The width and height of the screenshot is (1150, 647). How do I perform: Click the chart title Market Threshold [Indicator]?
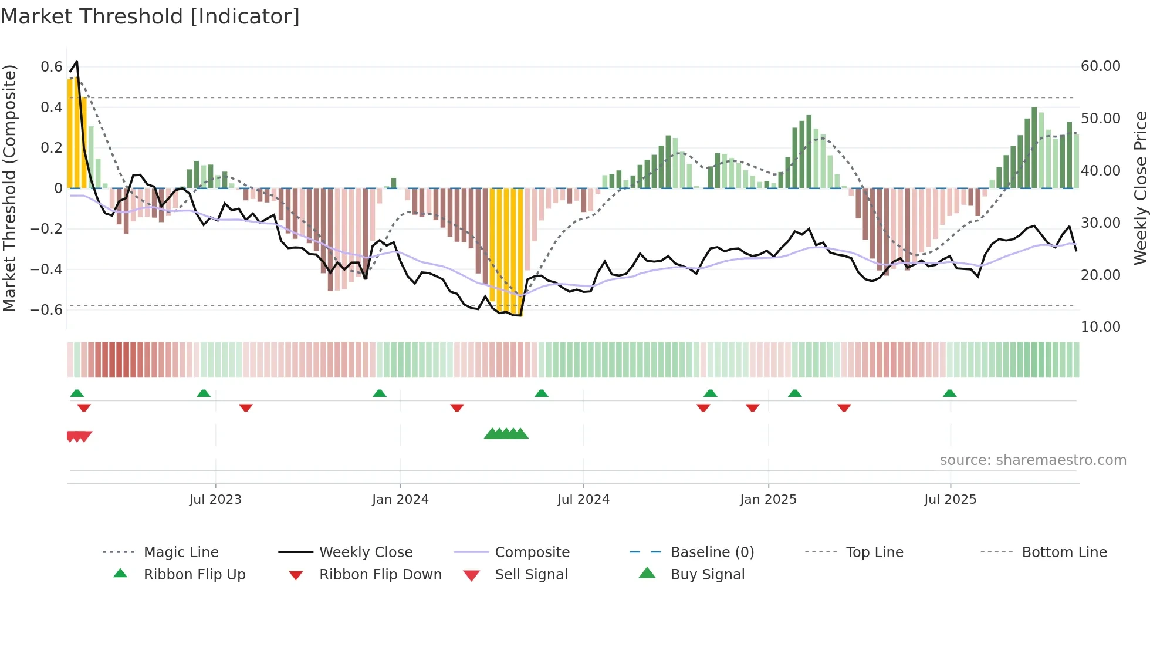click(x=150, y=16)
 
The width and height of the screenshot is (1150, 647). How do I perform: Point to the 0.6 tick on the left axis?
click(x=52, y=67)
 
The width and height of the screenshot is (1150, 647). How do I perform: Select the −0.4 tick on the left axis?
click(x=47, y=269)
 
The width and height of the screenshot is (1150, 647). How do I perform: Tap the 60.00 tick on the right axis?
click(x=1101, y=66)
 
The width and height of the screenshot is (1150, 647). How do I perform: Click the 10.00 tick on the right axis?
click(x=1101, y=327)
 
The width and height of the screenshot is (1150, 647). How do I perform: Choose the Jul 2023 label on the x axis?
click(x=215, y=500)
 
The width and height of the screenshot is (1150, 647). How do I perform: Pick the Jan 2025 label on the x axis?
click(x=768, y=500)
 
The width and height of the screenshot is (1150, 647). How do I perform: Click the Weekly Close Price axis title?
click(x=1140, y=188)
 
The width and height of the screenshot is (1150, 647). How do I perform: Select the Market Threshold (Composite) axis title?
click(x=9, y=188)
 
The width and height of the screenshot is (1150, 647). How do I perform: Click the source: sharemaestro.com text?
click(x=1033, y=460)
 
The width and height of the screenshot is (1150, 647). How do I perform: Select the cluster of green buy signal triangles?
click(x=506, y=434)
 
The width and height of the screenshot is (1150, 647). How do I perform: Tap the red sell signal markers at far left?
click(x=79, y=436)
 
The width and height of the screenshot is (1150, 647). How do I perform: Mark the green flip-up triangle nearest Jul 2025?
click(x=949, y=393)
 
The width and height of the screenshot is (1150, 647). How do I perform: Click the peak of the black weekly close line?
click(x=76, y=62)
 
